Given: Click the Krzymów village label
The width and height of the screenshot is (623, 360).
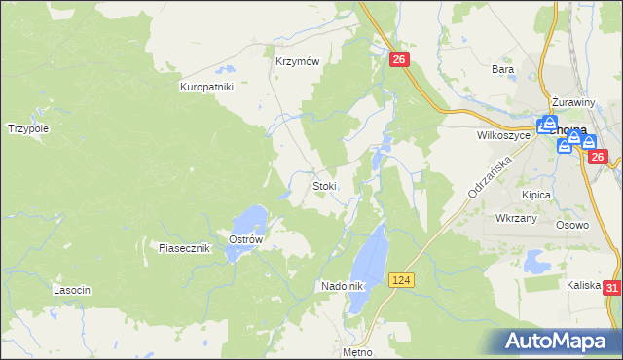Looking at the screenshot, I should coord(298,60).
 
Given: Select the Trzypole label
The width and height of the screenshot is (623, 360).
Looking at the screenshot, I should coord(28,127).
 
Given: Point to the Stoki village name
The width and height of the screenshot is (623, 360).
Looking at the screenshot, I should coord(324,185).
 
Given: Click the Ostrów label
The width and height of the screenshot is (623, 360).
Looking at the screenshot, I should coord(245,239).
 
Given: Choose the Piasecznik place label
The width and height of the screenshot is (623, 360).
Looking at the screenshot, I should coord(185,248).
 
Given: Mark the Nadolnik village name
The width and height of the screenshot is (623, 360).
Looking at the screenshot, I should coord(342,286).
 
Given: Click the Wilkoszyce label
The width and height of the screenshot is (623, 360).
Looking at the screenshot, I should coord(503,136).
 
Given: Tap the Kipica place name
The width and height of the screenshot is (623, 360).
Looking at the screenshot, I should coord(536,195).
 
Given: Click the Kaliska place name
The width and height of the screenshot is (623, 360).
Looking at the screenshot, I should coord(585,285).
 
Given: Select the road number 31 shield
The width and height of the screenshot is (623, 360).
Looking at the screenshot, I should coord(611,288).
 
